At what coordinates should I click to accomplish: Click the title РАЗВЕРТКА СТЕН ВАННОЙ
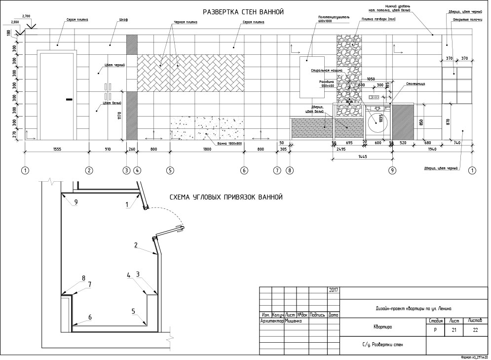pyautogui.click(x=244, y=12)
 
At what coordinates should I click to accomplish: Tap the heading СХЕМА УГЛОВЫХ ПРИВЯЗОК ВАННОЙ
pyautogui.click(x=226, y=197)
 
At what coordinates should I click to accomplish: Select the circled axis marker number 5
pyautogui.click(x=170, y=170)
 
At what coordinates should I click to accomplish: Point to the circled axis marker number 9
pyautogui.click(x=392, y=170)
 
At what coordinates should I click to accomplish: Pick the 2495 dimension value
pyautogui.click(x=341, y=149)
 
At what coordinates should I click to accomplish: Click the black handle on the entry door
pyautogui.click(x=69, y=100)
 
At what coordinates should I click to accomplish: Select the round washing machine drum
pyautogui.click(x=378, y=120)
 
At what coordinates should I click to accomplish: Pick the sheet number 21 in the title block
pyautogui.click(x=453, y=330)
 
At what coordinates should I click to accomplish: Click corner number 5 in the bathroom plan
pyautogui.click(x=133, y=311)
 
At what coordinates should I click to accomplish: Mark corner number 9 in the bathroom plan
pyautogui.click(x=76, y=201)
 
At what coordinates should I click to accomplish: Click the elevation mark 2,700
pyautogui.click(x=27, y=16)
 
